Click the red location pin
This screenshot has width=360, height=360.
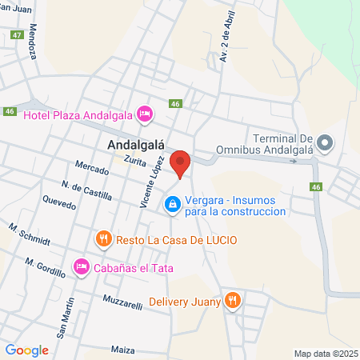(x=181, y=162)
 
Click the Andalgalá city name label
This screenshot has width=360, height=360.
(x=135, y=145)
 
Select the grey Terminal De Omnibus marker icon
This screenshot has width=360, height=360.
(x=324, y=145)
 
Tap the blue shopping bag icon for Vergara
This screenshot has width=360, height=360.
(x=171, y=206)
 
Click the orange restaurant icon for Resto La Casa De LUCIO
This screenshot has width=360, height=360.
(x=103, y=239)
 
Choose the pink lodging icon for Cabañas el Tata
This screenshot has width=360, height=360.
(x=82, y=266)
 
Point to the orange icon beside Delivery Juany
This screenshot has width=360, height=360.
(x=233, y=301)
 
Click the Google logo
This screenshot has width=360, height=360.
(x=26, y=350)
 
